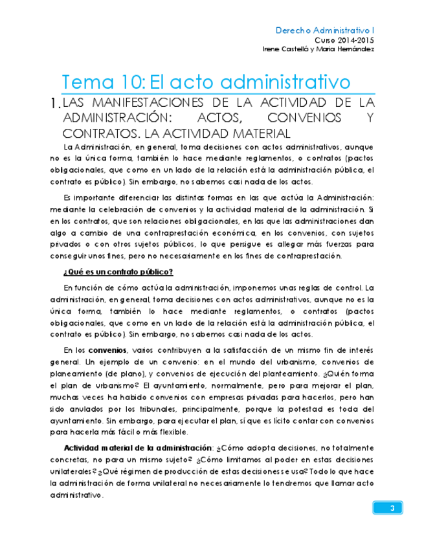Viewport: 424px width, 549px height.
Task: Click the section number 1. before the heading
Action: [x=54, y=104]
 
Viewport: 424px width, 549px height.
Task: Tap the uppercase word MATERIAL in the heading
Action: [x=258, y=134]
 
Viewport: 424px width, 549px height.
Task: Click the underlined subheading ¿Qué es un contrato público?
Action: [x=118, y=271]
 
